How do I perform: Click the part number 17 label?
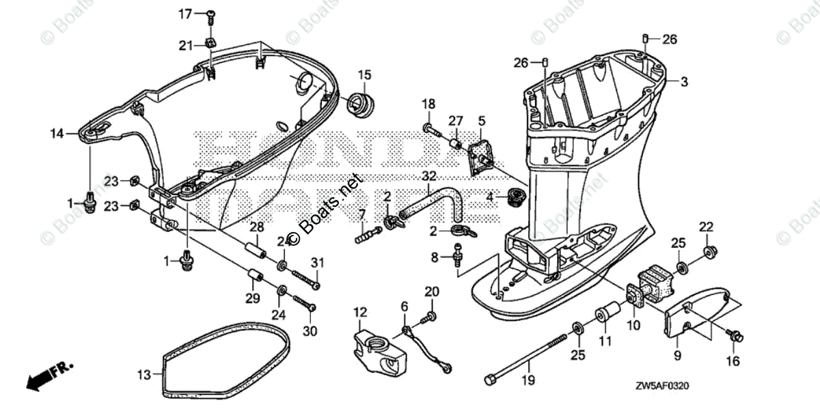point(186,14)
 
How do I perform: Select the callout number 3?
point(683,81)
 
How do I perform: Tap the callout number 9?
point(677,355)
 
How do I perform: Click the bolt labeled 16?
point(735,335)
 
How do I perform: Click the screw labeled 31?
point(305,279)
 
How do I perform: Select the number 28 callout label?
point(256,227)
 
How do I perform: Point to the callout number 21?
point(186,46)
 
